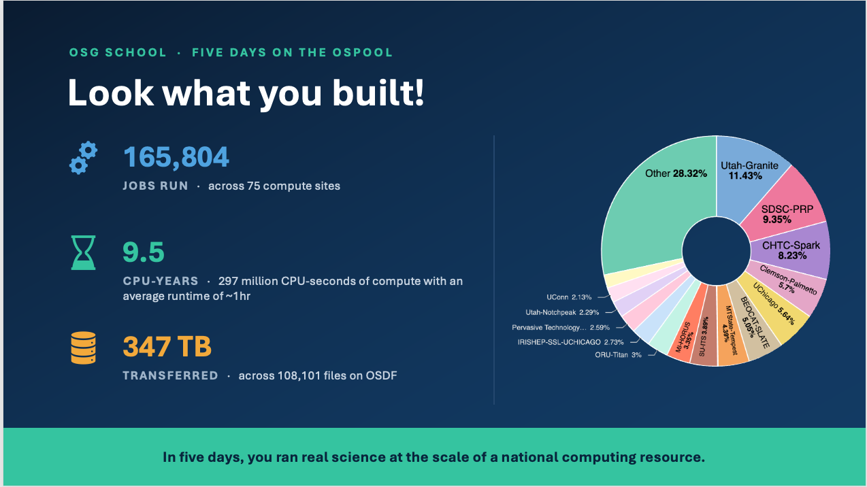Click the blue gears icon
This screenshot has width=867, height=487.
(83, 158)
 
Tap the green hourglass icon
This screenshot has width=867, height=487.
(83, 252)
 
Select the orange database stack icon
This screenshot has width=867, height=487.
(83, 348)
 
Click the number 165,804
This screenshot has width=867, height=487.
(176, 157)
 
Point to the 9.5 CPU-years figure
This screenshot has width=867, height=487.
(144, 252)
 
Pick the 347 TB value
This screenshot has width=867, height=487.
(167, 347)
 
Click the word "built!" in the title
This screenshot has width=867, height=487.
(378, 93)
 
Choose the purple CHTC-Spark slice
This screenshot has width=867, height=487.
(791, 251)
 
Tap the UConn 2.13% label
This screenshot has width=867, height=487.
(568, 297)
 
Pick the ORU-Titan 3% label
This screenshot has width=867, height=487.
(618, 355)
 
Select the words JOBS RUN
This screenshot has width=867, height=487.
(155, 186)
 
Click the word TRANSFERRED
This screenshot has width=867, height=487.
(170, 375)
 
